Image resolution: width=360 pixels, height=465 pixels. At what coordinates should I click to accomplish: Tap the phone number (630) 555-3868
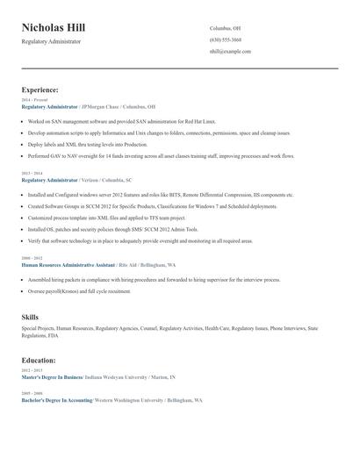pyautogui.click(x=226, y=40)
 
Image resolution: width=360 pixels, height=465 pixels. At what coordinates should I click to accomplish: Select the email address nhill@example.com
pyautogui.click(x=230, y=52)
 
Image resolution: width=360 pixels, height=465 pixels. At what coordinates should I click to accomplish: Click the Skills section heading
pyautogui.click(x=30, y=316)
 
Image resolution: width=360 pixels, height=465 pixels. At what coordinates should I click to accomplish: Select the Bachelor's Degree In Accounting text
pyautogui.click(x=57, y=400)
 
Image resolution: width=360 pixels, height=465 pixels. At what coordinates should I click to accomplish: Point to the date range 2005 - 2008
pyautogui.click(x=31, y=393)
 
